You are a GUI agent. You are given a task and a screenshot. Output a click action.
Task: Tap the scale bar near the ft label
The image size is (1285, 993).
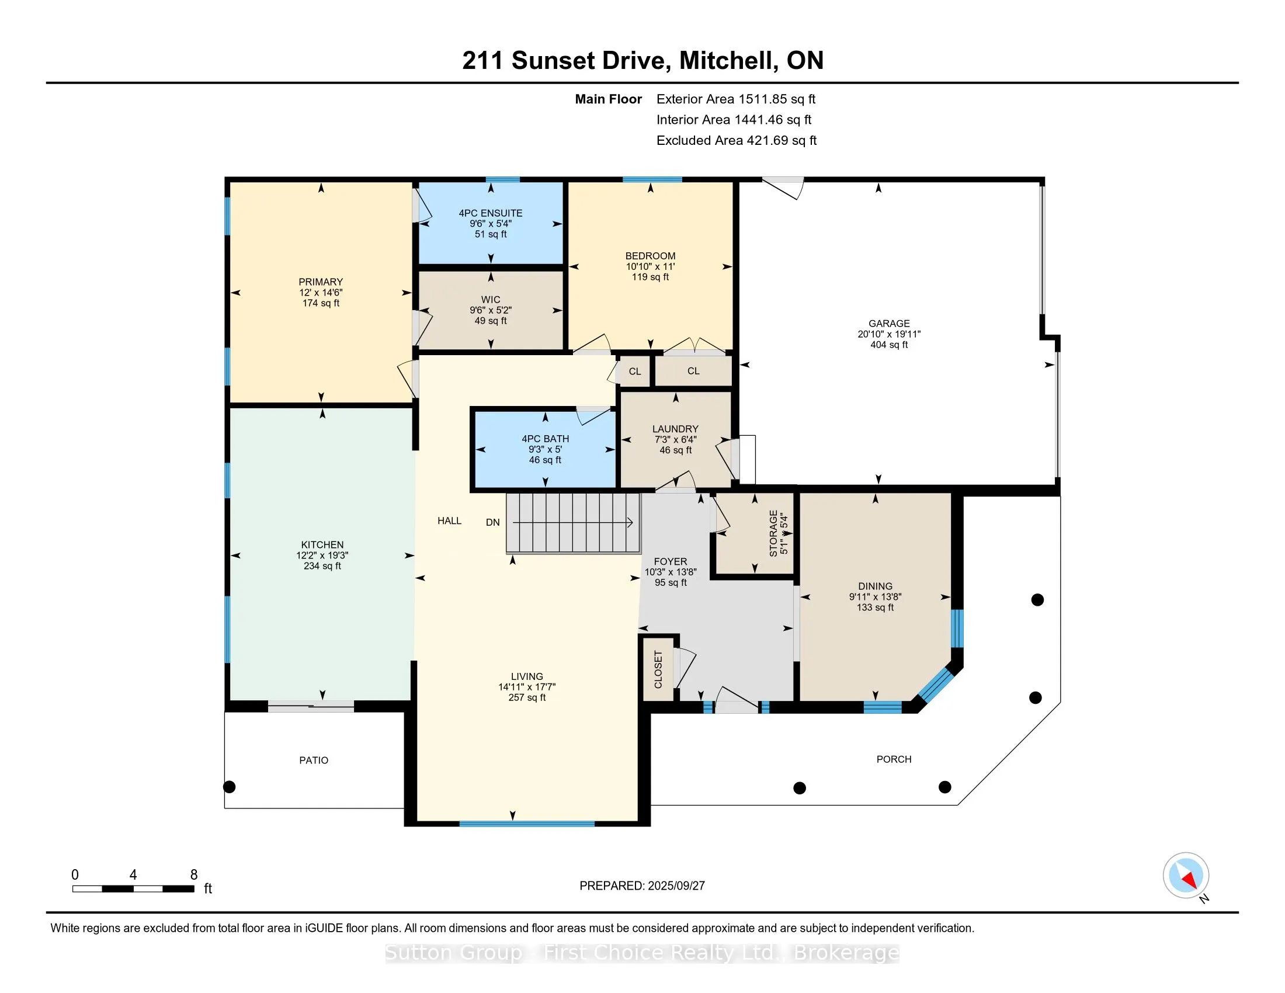(133, 889)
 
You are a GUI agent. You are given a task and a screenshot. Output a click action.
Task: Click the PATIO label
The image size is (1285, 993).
(314, 761)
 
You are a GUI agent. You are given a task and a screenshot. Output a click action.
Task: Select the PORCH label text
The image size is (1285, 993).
(894, 759)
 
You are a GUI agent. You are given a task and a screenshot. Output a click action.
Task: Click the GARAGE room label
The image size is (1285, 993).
(889, 324)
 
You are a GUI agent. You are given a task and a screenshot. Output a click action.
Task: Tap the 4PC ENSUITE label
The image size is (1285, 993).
(491, 213)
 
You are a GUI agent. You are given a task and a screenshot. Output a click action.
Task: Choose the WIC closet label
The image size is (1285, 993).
(491, 300)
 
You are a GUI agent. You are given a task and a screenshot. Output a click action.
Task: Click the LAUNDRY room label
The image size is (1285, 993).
(675, 429)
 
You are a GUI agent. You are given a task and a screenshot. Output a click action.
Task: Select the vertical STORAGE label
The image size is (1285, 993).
(773, 533)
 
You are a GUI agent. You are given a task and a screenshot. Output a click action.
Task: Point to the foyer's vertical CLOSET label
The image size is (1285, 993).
(658, 669)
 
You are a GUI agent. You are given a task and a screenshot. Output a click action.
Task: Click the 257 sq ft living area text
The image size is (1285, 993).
(527, 697)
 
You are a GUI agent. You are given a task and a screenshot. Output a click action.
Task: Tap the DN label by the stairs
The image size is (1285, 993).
(493, 522)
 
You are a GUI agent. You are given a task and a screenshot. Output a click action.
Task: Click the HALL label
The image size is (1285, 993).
(450, 520)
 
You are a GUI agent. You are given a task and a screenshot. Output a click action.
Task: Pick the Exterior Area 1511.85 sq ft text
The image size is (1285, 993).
(736, 99)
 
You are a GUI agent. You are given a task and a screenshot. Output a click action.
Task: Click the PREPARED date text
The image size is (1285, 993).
(642, 886)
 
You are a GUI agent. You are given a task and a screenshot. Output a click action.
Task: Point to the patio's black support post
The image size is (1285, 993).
(230, 787)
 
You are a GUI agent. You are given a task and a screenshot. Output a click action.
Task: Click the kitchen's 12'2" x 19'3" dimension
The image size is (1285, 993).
(322, 555)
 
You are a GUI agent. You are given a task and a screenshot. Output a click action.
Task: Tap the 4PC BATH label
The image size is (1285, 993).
(546, 439)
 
